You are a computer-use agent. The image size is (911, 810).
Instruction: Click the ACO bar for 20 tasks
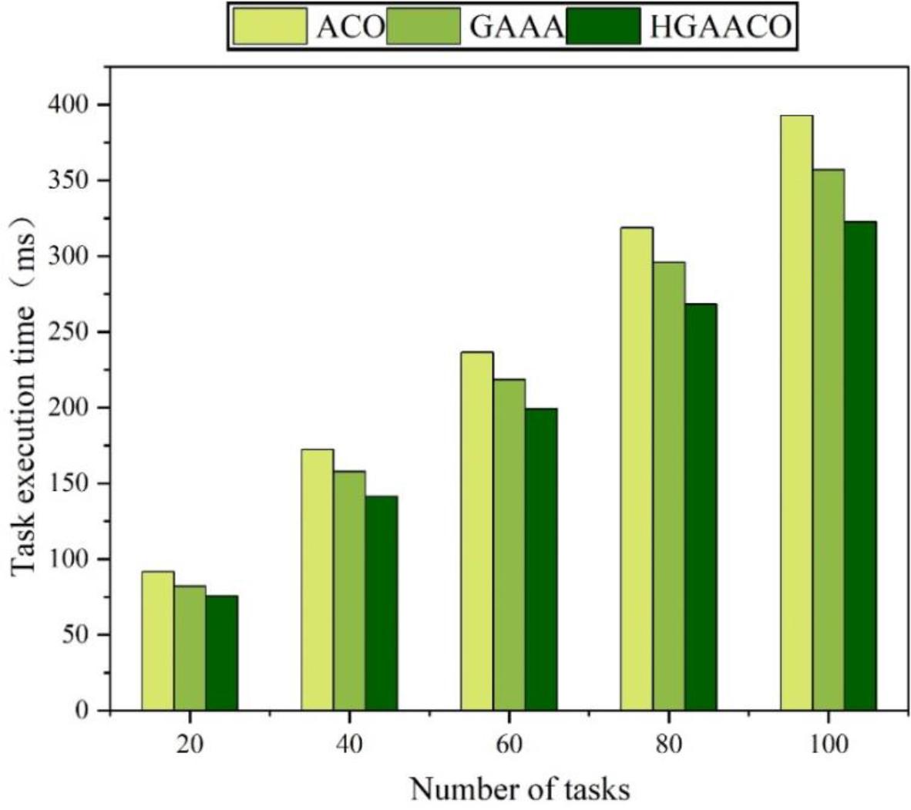(x=158, y=640)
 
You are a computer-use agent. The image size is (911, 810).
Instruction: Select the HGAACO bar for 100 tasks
(x=860, y=465)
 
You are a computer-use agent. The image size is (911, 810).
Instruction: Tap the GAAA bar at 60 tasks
(x=509, y=544)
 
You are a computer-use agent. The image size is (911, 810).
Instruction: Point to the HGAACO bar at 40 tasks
(x=382, y=603)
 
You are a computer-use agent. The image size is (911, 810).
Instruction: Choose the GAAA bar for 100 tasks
(x=829, y=439)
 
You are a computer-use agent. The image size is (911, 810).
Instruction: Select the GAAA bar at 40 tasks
(x=349, y=590)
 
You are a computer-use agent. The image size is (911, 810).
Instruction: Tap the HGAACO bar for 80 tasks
(x=701, y=506)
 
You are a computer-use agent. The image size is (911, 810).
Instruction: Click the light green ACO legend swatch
(x=270, y=27)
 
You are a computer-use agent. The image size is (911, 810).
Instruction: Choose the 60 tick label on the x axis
(x=509, y=744)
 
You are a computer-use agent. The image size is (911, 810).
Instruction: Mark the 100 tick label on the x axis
(x=829, y=744)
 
